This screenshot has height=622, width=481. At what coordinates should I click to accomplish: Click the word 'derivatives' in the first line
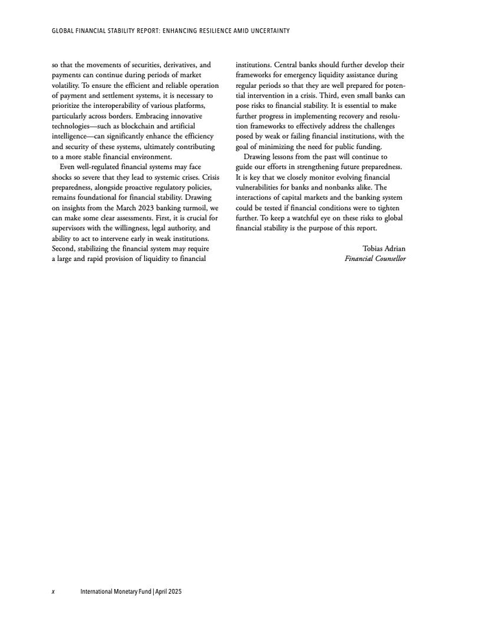[174, 65]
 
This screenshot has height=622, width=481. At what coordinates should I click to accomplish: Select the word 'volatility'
[66, 84]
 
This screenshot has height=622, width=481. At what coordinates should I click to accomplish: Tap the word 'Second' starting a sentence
[64, 248]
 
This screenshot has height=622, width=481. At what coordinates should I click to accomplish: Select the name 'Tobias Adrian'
[383, 248]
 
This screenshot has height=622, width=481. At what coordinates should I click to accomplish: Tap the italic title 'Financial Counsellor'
[375, 258]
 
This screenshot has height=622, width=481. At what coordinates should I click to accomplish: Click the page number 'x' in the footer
[54, 591]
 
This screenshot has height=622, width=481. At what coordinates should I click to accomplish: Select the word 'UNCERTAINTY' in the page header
[265, 30]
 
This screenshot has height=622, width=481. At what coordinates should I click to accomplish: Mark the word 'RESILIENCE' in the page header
[199, 30]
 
